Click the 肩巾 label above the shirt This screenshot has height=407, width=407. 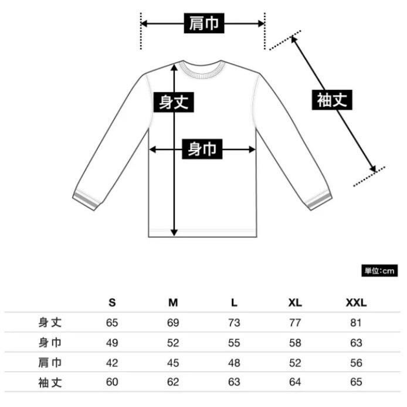coord(204,23)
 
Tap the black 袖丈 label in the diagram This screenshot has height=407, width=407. coord(332,100)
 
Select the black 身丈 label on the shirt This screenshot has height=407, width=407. coord(174,102)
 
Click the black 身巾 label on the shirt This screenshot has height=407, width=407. coord(202,149)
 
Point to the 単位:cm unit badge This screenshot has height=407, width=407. coord(379,271)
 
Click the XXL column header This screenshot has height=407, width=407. coord(356,303)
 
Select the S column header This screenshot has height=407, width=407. coord(112,303)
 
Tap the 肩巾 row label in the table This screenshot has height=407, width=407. coord(50,362)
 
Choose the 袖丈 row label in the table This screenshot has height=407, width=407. coord(50,382)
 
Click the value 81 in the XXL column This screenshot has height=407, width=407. coord(356,323)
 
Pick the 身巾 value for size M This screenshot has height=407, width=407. coord(173,342)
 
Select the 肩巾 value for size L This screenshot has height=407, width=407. coord(234,362)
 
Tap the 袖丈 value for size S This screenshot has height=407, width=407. coord(112,382)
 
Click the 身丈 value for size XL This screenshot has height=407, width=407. coord(295,323)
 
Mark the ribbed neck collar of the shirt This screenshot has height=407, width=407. coord(202,69)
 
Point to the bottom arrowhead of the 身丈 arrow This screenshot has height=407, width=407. coord(174,233)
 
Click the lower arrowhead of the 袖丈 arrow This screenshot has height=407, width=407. coord(372,169)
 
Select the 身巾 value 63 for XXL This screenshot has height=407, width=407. coord(356,342)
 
